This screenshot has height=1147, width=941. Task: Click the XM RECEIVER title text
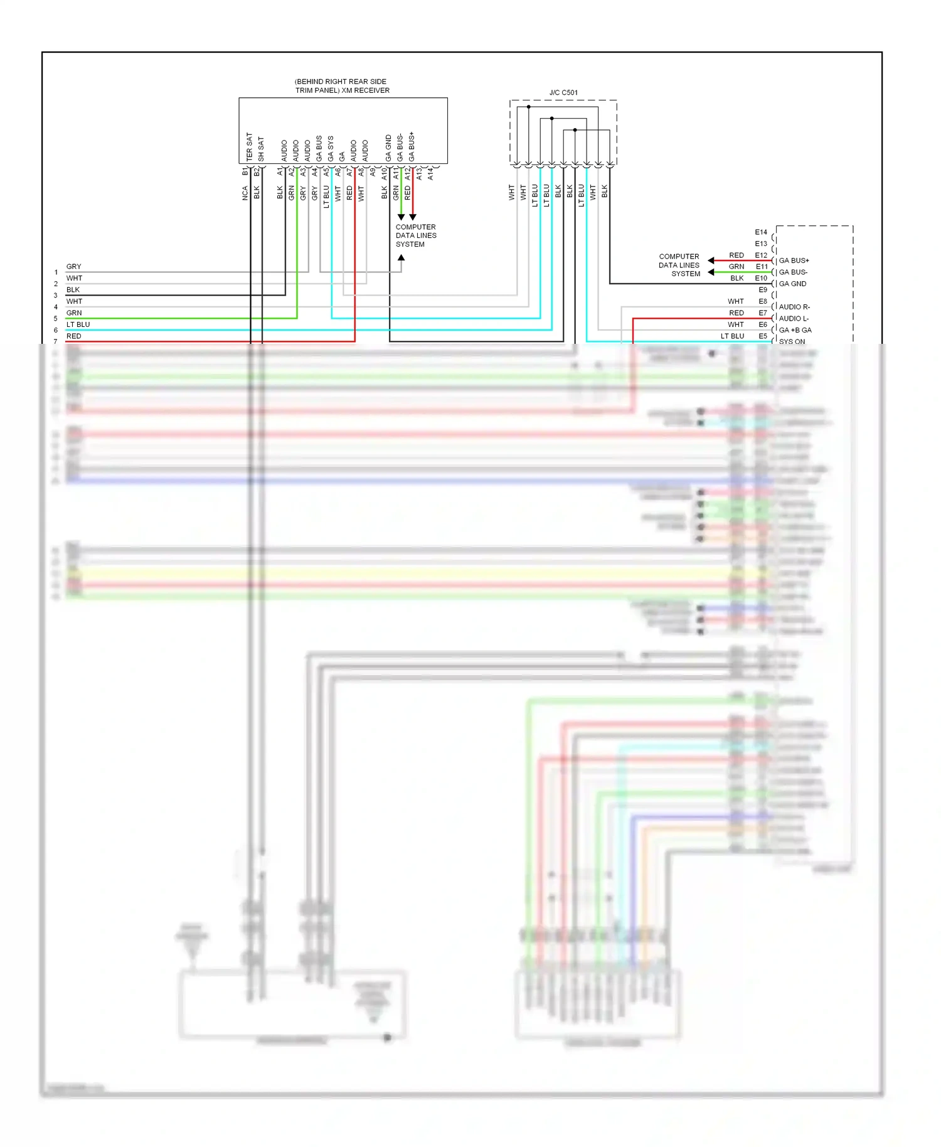click(342, 86)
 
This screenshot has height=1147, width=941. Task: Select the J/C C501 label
click(563, 93)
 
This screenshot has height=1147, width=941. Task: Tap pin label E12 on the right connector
click(761, 255)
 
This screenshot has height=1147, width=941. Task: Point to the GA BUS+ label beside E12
click(794, 260)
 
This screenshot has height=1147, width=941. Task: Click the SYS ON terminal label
click(792, 341)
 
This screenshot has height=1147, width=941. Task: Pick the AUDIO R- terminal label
click(794, 307)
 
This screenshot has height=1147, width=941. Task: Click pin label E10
click(761, 278)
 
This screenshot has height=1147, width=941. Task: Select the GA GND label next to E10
click(792, 284)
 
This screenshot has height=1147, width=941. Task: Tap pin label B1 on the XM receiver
click(245, 171)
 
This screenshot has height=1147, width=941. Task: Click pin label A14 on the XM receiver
click(431, 174)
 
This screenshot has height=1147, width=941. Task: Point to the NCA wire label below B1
click(245, 193)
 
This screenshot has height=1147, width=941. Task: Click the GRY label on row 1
click(74, 267)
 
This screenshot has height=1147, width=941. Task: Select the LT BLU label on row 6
click(78, 324)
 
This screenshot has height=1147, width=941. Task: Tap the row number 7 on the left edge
click(56, 342)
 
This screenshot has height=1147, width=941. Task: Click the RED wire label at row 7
click(74, 336)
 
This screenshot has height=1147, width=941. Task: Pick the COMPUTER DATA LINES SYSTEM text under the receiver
click(415, 236)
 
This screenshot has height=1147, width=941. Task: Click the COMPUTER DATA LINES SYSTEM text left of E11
click(679, 265)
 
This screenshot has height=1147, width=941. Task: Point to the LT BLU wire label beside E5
click(732, 336)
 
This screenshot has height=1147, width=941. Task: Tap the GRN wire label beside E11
click(736, 267)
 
